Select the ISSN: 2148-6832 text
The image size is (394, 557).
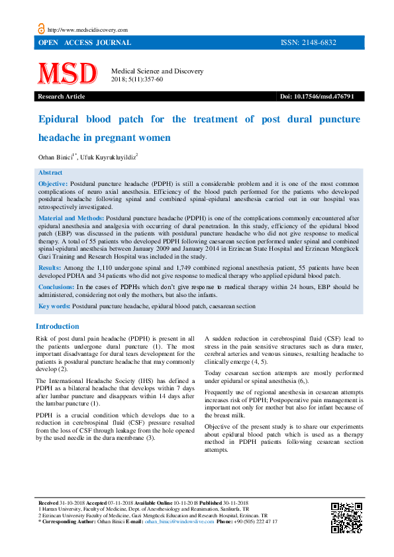click(x=308, y=43)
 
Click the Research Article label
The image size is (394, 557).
click(x=62, y=97)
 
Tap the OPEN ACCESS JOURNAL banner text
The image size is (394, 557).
click(x=85, y=43)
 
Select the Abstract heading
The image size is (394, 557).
click(x=50, y=172)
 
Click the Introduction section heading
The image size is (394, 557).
click(x=57, y=326)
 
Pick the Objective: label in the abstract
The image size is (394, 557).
click(x=53, y=182)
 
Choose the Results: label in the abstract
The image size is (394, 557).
click(x=50, y=267)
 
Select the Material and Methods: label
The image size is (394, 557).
click(x=71, y=217)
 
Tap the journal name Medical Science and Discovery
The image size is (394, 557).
click(x=157, y=71)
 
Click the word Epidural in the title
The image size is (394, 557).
click(x=60, y=120)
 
